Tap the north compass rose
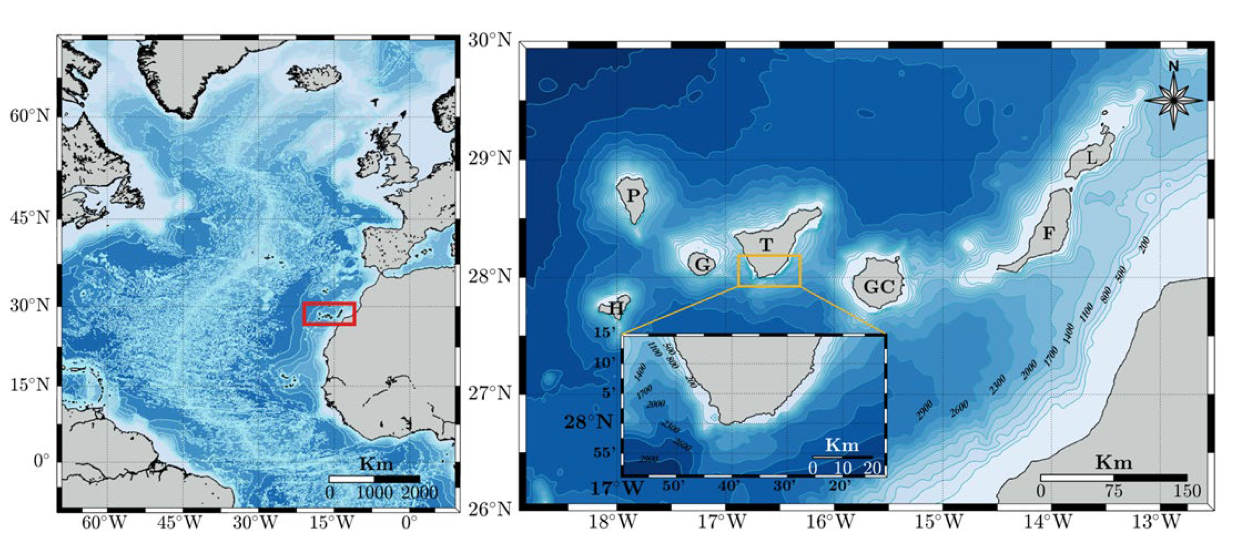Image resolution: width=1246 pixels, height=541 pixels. click(x=1173, y=100)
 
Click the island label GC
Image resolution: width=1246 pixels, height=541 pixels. click(x=879, y=287)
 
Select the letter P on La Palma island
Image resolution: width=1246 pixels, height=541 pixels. click(x=633, y=196)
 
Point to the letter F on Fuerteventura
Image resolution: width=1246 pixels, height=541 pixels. click(x=1048, y=234)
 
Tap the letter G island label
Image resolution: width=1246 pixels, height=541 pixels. click(x=702, y=265)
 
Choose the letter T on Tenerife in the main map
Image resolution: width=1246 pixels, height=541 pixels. click(x=766, y=245)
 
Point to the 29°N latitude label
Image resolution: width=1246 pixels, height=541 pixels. click(x=489, y=158)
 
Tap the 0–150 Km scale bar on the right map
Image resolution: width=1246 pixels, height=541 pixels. click(x=1114, y=478)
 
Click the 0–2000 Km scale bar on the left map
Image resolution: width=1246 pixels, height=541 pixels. click(x=374, y=479)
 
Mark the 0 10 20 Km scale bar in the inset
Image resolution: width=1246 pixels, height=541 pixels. click(x=842, y=457)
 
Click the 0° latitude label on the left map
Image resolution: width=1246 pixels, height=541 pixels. click(x=41, y=461)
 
